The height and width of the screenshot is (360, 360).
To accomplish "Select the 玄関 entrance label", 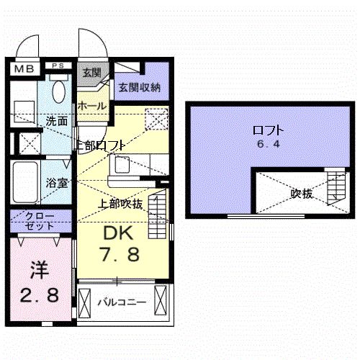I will pyautogui.click(x=91, y=73).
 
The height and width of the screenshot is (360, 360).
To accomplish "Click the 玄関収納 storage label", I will pyautogui.click(x=139, y=88).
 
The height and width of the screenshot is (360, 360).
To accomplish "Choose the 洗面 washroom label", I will pyautogui.click(x=57, y=120).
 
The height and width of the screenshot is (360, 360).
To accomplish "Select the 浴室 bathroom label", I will pyautogui.click(x=58, y=182).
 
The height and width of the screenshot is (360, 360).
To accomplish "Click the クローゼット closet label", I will pyautogui.click(x=40, y=220).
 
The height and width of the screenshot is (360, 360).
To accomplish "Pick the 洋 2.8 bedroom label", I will pyautogui.click(x=40, y=283).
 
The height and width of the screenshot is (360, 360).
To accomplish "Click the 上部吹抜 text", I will pyautogui.click(x=120, y=203).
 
